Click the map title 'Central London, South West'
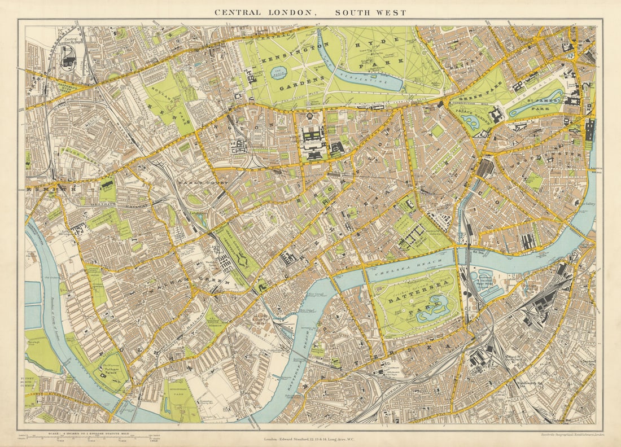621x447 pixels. pyautogui.click(x=310, y=12)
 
